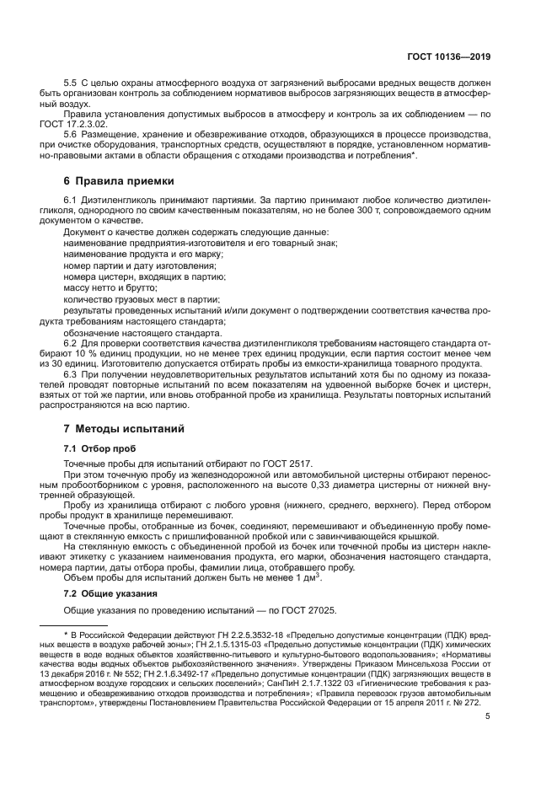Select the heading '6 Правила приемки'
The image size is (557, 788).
tap(120, 180)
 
